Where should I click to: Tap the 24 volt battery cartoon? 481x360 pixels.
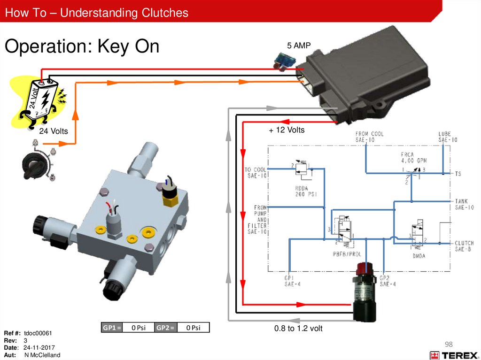pyautogui.click(x=42, y=100)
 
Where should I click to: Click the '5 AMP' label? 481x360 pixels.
pyautogui.click(x=299, y=46)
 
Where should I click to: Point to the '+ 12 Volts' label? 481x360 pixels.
pyautogui.click(x=287, y=130)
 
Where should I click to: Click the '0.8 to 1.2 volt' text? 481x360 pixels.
pyautogui.click(x=298, y=329)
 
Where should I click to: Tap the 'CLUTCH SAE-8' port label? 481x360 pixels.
pyautogui.click(x=464, y=246)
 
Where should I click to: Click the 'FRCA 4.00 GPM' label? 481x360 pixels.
pyautogui.click(x=413, y=157)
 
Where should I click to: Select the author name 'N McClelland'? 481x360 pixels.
pyautogui.click(x=42, y=355)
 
